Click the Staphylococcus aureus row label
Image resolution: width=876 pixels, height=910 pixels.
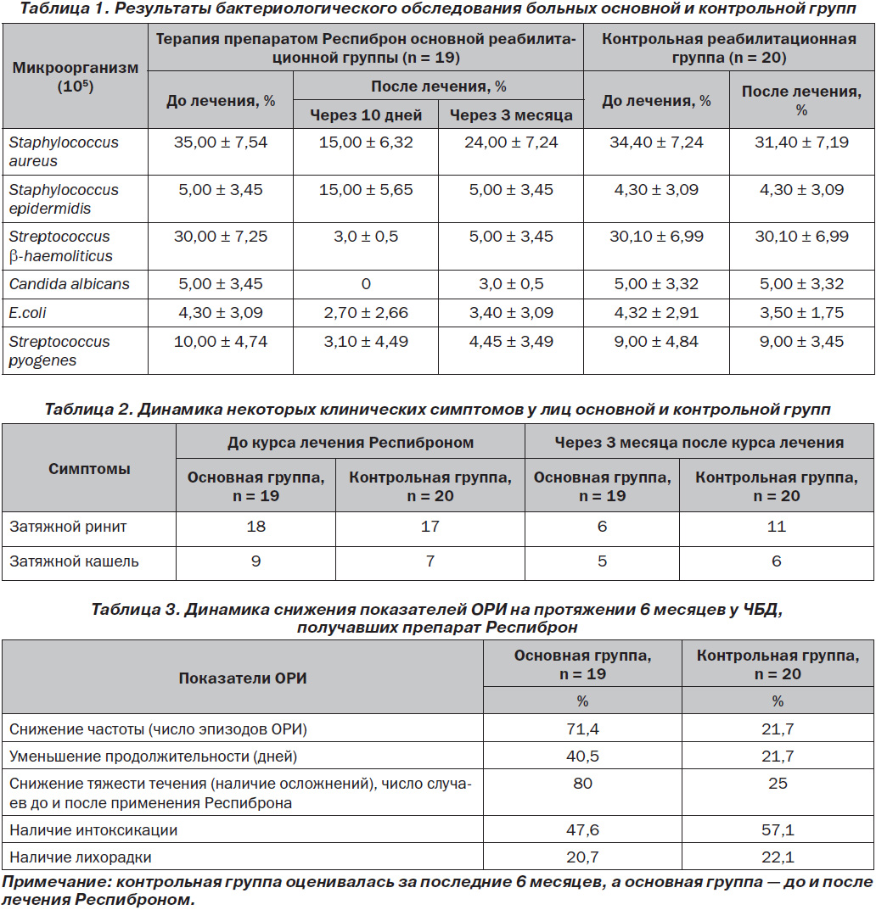pyautogui.click(x=64, y=152)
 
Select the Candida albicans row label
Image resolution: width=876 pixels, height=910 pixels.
pyautogui.click(x=69, y=284)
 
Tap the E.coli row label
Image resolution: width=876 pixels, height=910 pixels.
pyautogui.click(x=27, y=313)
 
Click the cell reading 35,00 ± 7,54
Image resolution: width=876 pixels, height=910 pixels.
pyautogui.click(x=221, y=142)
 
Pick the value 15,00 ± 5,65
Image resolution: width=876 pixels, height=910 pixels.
pyautogui.click(x=366, y=190)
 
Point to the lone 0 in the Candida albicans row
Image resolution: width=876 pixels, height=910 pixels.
pyautogui.click(x=366, y=284)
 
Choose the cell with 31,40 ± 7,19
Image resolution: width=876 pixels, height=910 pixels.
pyautogui.click(x=801, y=142)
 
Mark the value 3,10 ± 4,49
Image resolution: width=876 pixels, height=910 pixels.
pyautogui.click(x=366, y=341)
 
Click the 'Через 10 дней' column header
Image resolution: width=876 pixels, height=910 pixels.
pyautogui.click(x=366, y=114)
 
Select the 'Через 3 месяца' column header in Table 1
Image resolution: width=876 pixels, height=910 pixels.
pyautogui.click(x=511, y=114)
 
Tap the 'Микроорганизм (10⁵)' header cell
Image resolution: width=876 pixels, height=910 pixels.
pyautogui.click(x=76, y=76)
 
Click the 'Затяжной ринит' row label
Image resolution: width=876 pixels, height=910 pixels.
pyautogui.click(x=68, y=527)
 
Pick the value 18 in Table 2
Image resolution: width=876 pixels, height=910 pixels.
pyautogui.click(x=256, y=527)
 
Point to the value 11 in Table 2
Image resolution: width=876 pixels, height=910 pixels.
pyautogui.click(x=777, y=527)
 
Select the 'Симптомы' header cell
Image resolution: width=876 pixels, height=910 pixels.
pyautogui.click(x=89, y=468)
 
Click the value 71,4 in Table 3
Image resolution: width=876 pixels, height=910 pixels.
pyautogui.click(x=582, y=729)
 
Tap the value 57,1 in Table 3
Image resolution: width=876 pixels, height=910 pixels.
pyautogui.click(x=778, y=830)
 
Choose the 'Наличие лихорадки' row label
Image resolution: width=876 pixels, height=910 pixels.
pyautogui.click(x=80, y=857)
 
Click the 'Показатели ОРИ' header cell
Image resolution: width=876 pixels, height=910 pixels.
pyautogui.click(x=243, y=678)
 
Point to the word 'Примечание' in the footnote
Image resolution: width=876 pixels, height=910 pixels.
pyautogui.click(x=56, y=882)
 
